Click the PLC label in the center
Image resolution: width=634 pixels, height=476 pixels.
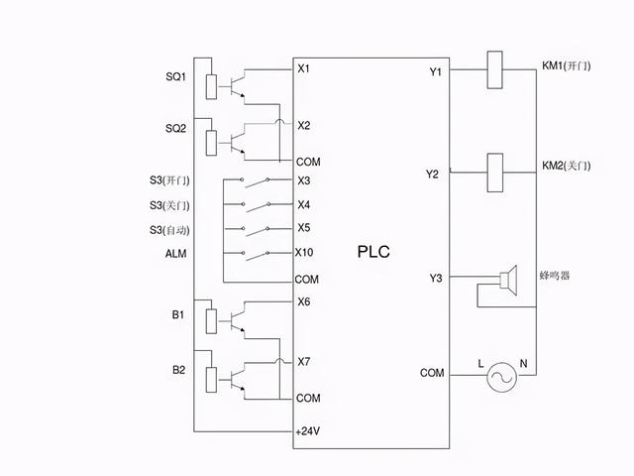click(373, 252)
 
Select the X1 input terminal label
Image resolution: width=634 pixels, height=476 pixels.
click(304, 68)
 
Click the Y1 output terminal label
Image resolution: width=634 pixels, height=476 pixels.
click(435, 71)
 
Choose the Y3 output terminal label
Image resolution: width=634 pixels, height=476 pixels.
click(435, 277)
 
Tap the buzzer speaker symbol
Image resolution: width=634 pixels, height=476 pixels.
click(510, 282)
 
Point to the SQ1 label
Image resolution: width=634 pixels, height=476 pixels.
click(175, 77)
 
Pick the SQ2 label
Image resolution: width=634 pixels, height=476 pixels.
click(175, 130)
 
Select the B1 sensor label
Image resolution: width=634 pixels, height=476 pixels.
click(178, 314)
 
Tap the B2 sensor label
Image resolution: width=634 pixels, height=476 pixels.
click(178, 370)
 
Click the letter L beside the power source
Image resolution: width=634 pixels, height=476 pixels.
click(481, 365)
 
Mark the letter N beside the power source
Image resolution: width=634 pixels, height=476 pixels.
click(524, 365)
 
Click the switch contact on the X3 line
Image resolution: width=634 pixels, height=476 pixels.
click(260, 181)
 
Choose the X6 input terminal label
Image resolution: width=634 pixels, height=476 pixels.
click(304, 301)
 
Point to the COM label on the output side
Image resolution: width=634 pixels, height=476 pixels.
click(432, 373)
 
